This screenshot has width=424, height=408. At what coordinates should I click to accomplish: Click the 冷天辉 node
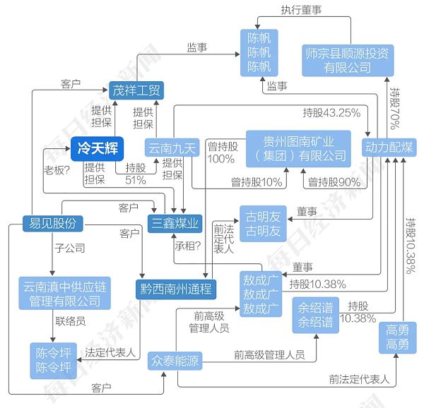(x=97, y=148)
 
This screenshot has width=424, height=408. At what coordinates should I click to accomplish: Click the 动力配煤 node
(x=389, y=148)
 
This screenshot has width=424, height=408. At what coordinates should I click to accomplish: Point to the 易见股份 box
(x=52, y=224)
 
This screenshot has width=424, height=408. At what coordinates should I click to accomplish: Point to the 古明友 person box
(x=263, y=222)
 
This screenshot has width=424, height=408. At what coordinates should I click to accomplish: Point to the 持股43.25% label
(x=331, y=112)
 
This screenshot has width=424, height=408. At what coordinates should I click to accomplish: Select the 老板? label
(x=57, y=169)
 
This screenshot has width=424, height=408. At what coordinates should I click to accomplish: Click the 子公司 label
(x=69, y=248)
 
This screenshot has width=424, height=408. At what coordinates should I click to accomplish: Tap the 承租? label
(x=188, y=247)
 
